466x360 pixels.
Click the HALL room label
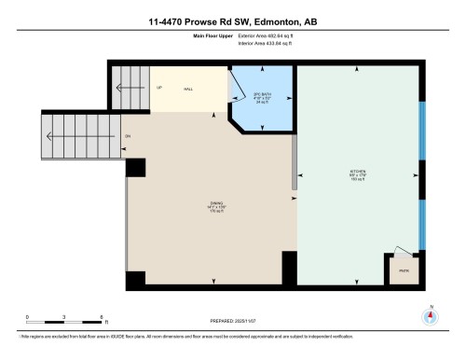click(x=187, y=89)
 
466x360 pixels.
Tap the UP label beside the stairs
click(x=158, y=89)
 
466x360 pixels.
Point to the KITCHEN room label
click(x=356, y=173)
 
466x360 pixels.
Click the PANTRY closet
click(x=404, y=270)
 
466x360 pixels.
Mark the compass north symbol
click(x=430, y=314)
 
